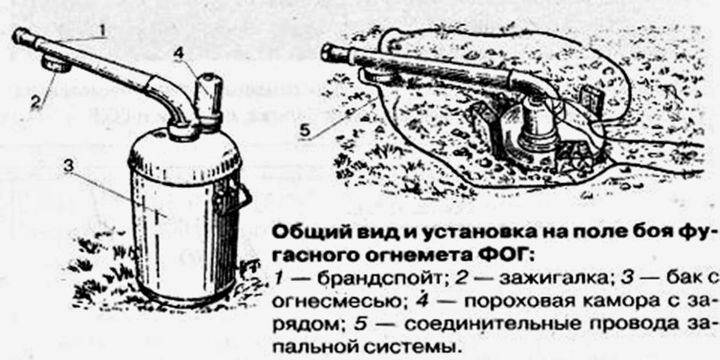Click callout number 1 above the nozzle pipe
pyautogui.click(x=102, y=31)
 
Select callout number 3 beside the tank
pyautogui.click(x=69, y=166)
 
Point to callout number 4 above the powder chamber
pyautogui.click(x=179, y=53)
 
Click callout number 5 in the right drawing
pyautogui.click(x=305, y=131)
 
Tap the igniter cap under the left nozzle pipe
pyautogui.click(x=57, y=64)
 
